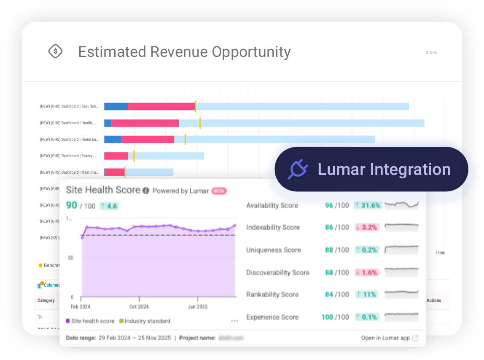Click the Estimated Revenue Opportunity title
click(x=184, y=52)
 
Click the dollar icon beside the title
click(x=55, y=51)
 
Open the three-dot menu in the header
click(x=431, y=53)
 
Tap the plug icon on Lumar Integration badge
click(x=298, y=169)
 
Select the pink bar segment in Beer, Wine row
click(x=161, y=107)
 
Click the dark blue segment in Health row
click(x=108, y=123)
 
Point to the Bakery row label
click(x=69, y=156)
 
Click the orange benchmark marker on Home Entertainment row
click(x=185, y=139)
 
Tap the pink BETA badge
click(x=219, y=191)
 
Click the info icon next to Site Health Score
click(x=146, y=191)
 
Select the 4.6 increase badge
click(x=110, y=206)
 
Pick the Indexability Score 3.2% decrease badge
click(x=367, y=228)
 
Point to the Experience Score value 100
click(x=327, y=317)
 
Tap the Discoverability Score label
click(x=278, y=273)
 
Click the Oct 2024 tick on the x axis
click(x=139, y=306)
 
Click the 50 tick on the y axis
click(x=70, y=258)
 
